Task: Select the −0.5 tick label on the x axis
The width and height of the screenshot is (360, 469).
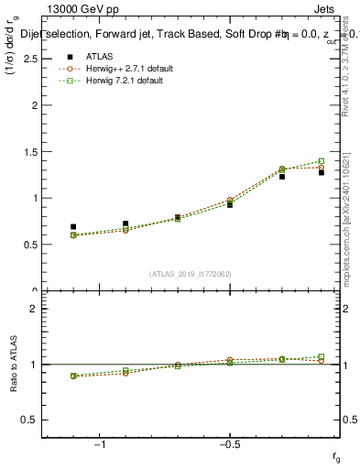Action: coord(228,444)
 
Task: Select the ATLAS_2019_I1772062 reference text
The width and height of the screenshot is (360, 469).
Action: coord(191,274)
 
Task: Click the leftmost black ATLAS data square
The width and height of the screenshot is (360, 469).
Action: coord(73,226)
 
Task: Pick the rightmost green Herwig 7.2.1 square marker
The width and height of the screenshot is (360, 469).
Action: coord(322,161)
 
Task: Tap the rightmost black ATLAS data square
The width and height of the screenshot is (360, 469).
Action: coord(322,172)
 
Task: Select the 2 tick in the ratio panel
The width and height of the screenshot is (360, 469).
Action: coord(34,309)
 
